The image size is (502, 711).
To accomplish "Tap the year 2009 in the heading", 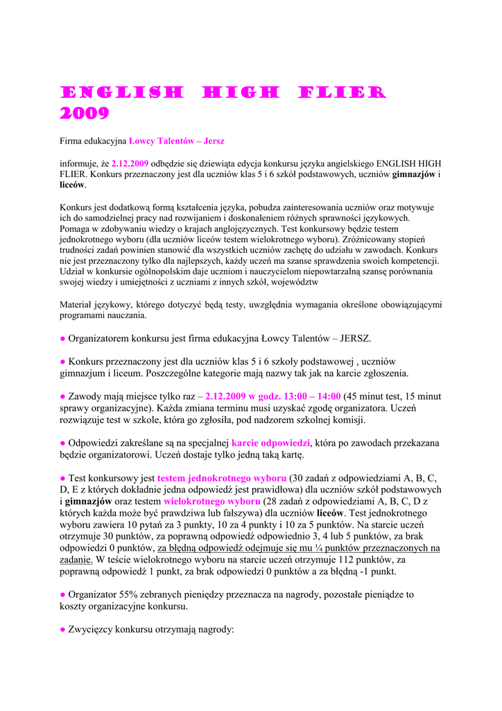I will click(84, 113).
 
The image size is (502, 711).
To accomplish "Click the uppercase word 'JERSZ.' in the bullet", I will click(356, 339).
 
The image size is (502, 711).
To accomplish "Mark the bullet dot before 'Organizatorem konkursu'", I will click(62, 339).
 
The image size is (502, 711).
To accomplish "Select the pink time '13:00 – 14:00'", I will click(309, 396).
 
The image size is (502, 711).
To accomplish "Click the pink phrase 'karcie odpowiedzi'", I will click(271, 442).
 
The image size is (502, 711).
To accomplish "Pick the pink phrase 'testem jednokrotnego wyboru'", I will click(222, 478).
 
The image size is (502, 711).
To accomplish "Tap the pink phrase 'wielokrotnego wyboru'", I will click(212, 501).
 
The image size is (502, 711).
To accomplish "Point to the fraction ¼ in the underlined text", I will click(321, 547).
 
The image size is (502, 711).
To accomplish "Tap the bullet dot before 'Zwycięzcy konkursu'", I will click(62, 630).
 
